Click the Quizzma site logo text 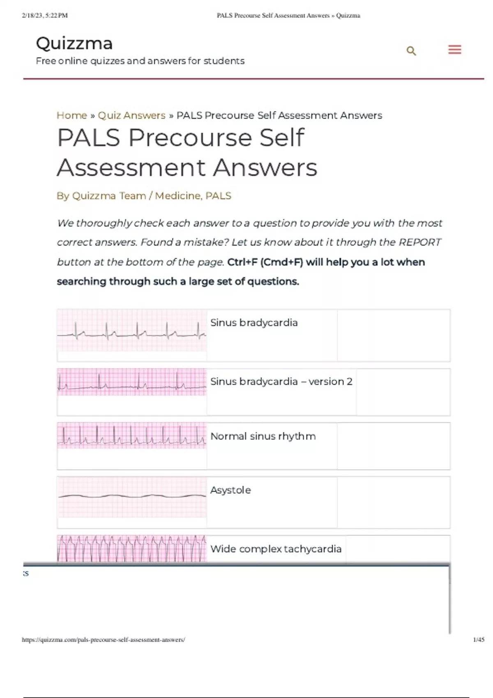(x=74, y=44)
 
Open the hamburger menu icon (x=454, y=50)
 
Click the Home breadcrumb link (x=72, y=115)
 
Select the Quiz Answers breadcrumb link (x=131, y=115)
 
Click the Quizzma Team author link (x=109, y=196)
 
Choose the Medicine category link (x=177, y=196)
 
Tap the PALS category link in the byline (x=218, y=196)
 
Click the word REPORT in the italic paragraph (x=420, y=242)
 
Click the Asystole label (x=230, y=490)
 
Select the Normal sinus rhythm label (x=263, y=436)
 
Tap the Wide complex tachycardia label (x=276, y=549)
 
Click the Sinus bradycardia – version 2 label (x=281, y=381)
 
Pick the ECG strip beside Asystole (x=132, y=497)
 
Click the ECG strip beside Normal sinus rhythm (x=132, y=436)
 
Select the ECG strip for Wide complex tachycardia (x=132, y=548)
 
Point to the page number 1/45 (x=479, y=640)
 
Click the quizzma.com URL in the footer (x=104, y=640)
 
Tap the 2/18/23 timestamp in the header (x=45, y=16)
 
